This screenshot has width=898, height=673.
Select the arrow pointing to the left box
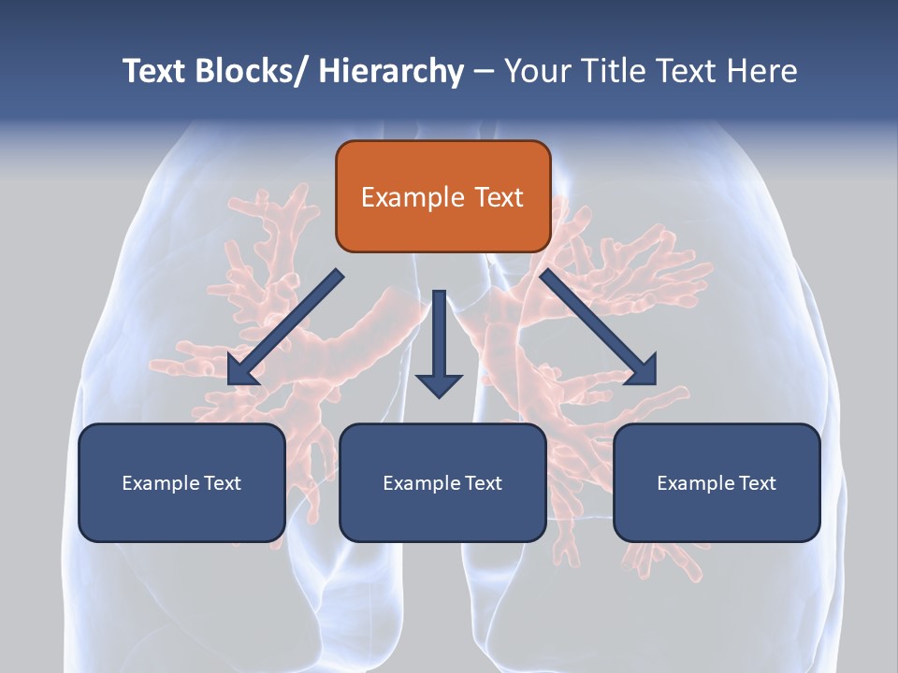285,327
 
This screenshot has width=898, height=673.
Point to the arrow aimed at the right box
599,327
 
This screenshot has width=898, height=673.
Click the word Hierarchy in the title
391,71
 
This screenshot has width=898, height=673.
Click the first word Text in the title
154,71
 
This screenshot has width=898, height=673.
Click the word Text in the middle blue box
482,483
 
